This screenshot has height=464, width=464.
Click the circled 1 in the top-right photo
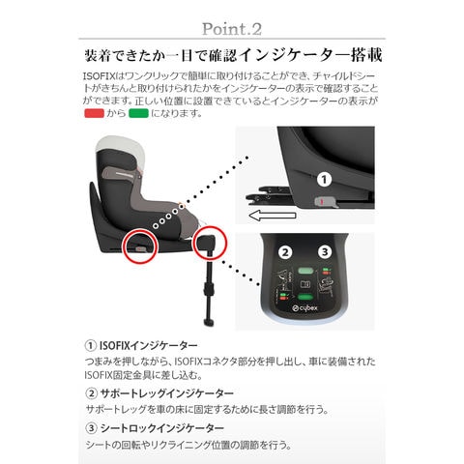click(x=325, y=179)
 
